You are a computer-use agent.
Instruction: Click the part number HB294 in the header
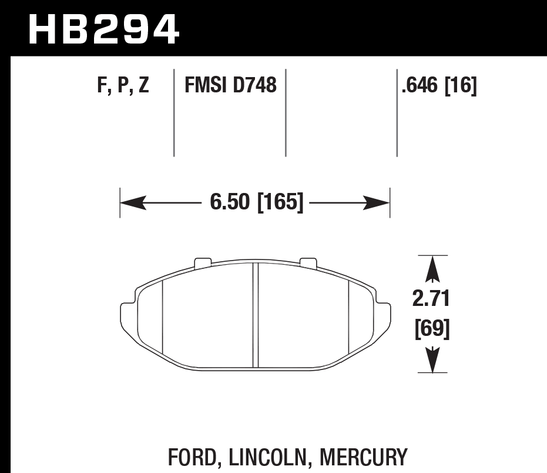click(103, 29)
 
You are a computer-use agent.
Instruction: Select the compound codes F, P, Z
click(123, 86)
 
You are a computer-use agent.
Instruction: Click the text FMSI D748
click(230, 86)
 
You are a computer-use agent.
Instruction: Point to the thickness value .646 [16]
click(438, 86)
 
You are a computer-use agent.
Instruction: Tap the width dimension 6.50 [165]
click(256, 203)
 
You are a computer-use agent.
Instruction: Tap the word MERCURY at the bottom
click(364, 458)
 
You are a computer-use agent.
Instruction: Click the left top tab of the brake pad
click(203, 262)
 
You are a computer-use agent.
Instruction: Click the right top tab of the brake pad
click(308, 262)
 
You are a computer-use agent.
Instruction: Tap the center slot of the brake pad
click(255, 315)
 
